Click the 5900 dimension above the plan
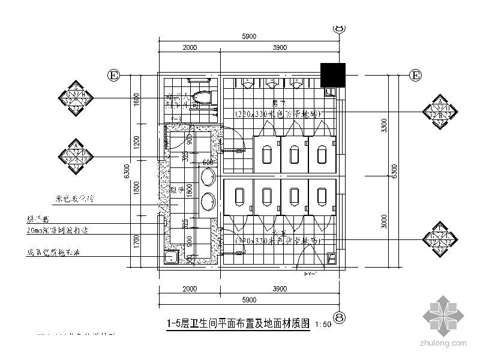(x=249, y=37)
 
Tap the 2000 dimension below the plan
(x=190, y=289)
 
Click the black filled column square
(x=332, y=75)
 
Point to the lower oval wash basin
(x=208, y=199)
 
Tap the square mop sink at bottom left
(x=170, y=258)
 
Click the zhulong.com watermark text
(x=445, y=344)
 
